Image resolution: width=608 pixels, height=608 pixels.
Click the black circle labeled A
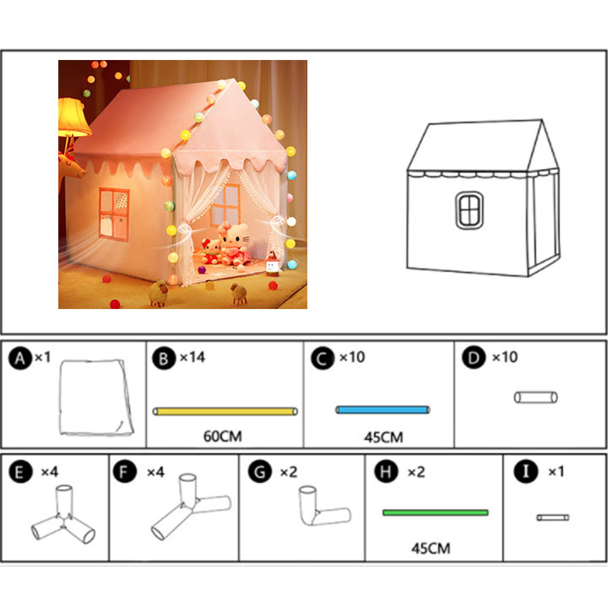pos(20,358)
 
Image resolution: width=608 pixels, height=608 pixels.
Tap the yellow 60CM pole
pos(225,411)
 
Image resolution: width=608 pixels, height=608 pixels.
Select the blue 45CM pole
pos(383,410)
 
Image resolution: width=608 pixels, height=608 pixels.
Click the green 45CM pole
pos(436,513)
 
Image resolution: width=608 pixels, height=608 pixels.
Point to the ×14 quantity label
pos(193,357)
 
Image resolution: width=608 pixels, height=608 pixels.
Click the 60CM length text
pos(223,437)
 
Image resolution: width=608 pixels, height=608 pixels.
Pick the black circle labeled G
pos(260,471)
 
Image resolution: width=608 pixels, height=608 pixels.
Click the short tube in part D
pos(536,398)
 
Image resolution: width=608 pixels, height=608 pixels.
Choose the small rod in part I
pos(553,518)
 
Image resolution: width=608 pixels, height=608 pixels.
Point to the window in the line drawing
pos(470,210)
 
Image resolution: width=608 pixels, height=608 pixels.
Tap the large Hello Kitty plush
pos(233,244)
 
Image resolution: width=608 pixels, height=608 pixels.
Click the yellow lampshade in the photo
pos(73,117)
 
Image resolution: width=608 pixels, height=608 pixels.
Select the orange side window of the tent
pos(114,214)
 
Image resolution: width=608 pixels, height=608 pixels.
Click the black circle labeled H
pos(386,471)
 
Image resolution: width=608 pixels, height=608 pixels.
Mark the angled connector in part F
pos(191,507)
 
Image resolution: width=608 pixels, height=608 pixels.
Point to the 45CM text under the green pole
pos(431,548)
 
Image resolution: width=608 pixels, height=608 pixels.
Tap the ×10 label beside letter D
pos(504,357)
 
